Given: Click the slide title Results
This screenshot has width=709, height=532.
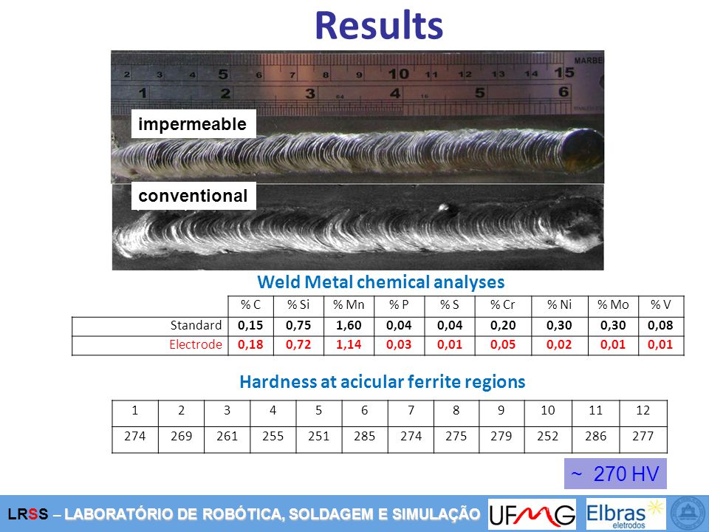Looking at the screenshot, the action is coord(379,25).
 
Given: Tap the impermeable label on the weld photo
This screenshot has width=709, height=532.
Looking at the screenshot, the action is coord(193,123).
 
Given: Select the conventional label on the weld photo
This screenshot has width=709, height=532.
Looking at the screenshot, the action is coord(193,195).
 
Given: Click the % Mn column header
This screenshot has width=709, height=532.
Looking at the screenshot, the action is coord(349,305).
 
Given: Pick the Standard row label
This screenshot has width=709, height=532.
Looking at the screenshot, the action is coord(196,325).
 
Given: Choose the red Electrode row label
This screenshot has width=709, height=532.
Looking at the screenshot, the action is coord(196,345).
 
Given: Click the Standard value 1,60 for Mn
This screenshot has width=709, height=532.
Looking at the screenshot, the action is coord(349,325).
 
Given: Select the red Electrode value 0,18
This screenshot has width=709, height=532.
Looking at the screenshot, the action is coord(250,345).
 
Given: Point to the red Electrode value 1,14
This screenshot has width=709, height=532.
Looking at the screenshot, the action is coord(349,345).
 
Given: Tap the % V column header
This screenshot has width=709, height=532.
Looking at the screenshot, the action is coord(660,305).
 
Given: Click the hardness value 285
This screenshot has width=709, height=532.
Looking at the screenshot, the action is coord(364,436).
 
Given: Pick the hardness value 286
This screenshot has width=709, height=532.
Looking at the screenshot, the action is coord(595,436).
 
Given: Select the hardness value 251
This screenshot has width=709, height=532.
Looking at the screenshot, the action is coord(319,436).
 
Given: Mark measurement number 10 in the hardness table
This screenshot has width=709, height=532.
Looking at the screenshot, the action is coord(548,410).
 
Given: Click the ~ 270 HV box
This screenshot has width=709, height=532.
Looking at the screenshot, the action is coord(615,474).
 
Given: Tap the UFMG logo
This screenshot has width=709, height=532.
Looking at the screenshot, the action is coord(532,514).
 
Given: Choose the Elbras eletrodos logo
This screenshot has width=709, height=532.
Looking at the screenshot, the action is coord(626,514).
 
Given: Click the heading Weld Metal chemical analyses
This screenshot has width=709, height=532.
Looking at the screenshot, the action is coord(381,282).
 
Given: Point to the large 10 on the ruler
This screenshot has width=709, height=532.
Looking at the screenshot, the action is coord(398,74).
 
